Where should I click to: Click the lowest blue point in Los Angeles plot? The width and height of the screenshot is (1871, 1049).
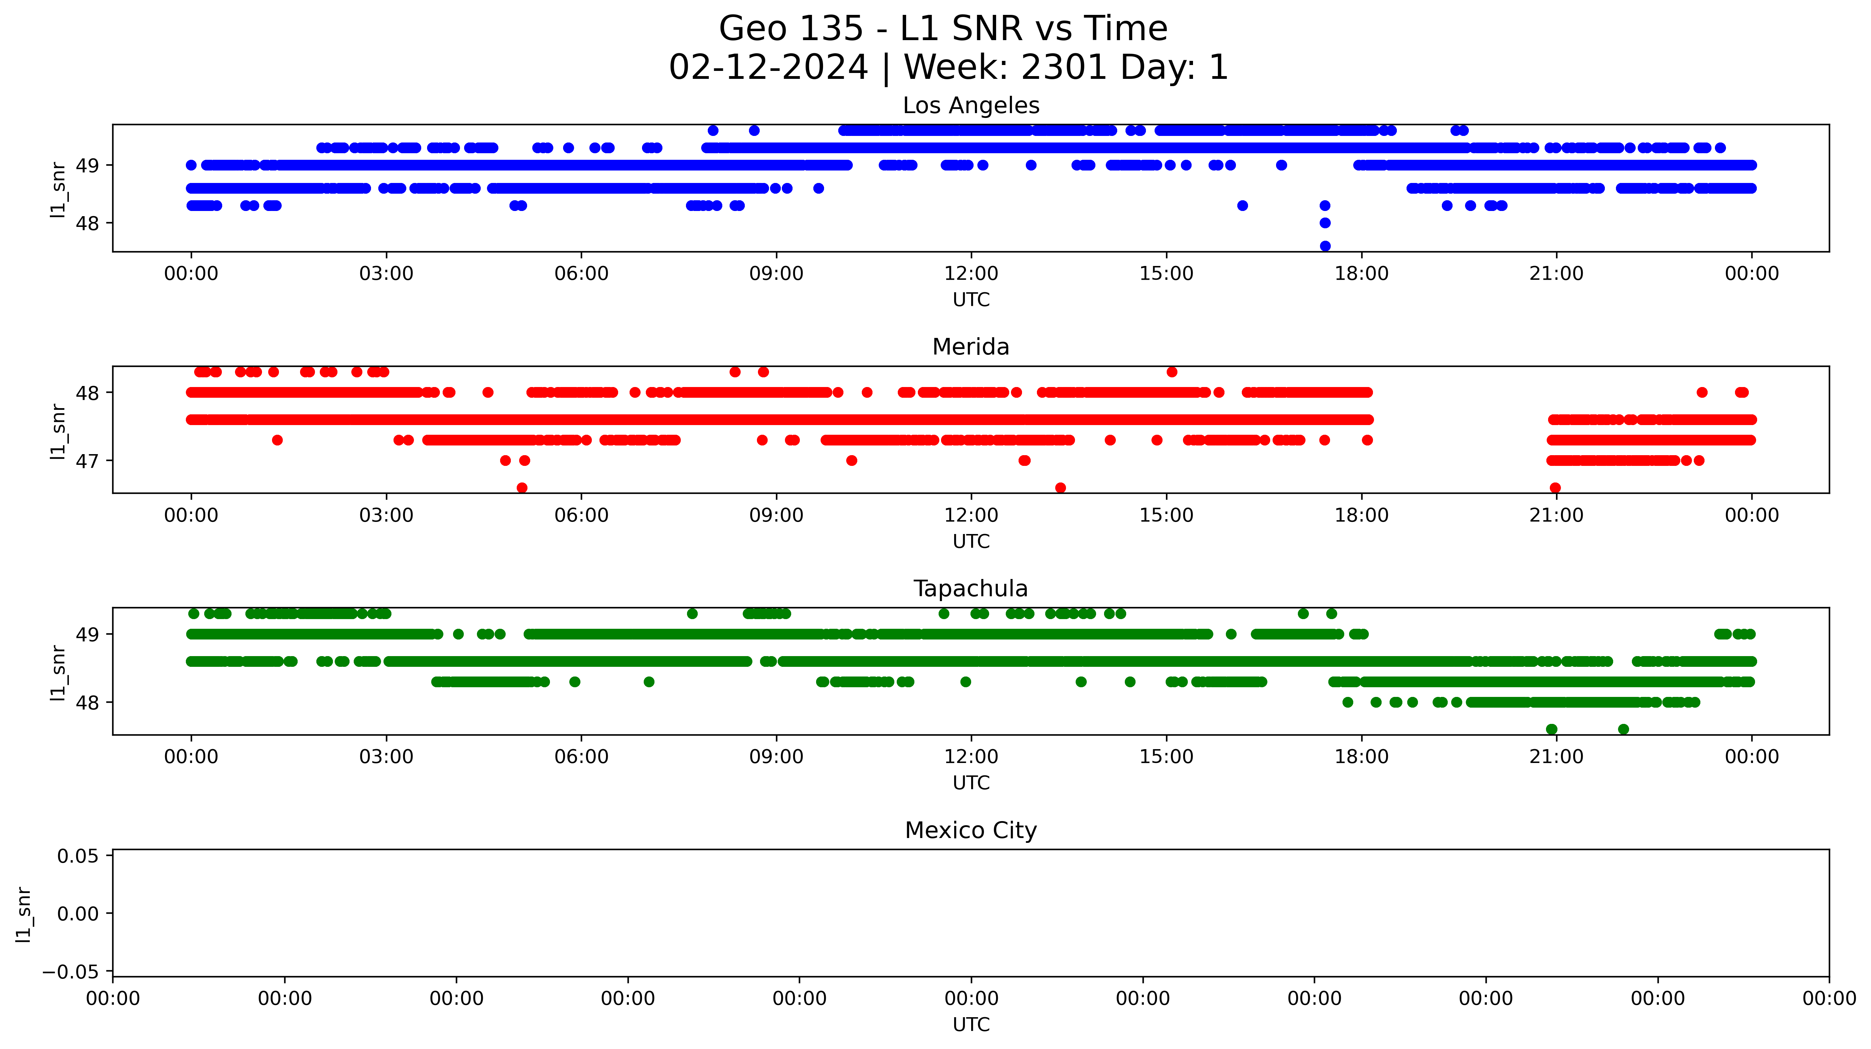point(1325,246)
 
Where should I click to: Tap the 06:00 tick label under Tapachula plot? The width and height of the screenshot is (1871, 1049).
point(581,757)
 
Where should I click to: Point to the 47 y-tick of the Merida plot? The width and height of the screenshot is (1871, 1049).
point(87,461)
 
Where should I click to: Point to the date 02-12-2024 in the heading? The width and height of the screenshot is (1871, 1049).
point(768,67)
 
